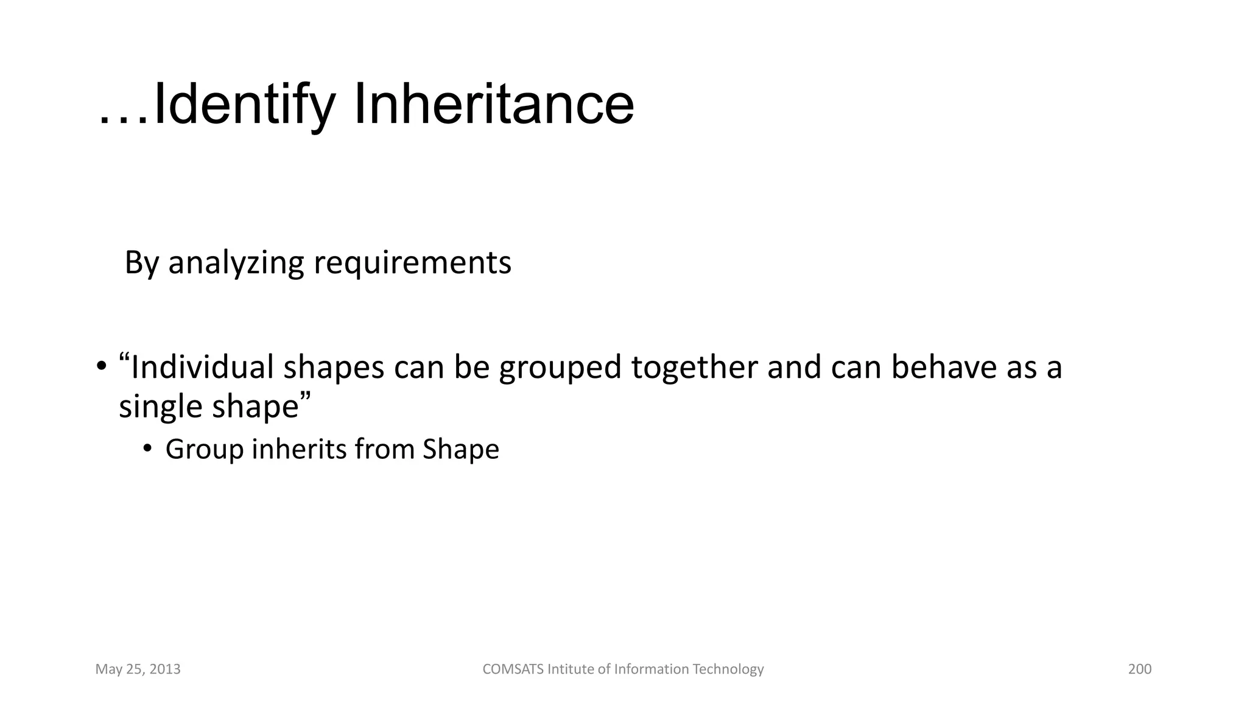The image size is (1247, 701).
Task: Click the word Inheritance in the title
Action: point(493,105)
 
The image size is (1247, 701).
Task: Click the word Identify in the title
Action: point(244,105)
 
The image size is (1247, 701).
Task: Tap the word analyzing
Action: point(236,263)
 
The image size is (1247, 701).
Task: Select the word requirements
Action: point(412,263)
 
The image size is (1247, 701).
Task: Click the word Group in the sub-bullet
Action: point(204,450)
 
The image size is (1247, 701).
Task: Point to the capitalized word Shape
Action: point(461,450)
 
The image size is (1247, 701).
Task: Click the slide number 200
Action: point(1140,669)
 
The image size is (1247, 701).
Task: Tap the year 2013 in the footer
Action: point(165,669)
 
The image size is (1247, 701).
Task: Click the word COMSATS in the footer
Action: point(513,669)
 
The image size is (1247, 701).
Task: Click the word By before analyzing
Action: point(141,263)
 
